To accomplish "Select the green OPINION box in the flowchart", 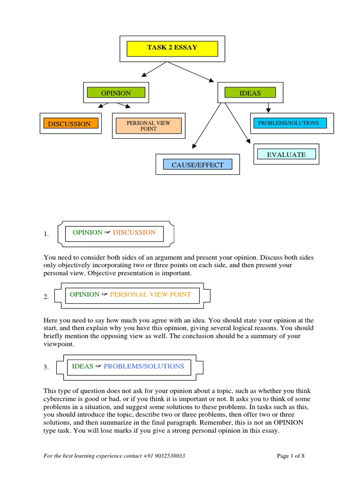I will (x=116, y=93).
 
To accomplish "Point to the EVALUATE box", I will (x=286, y=154).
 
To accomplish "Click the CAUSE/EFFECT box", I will (x=191, y=165).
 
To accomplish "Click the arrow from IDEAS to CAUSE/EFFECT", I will (x=208, y=124).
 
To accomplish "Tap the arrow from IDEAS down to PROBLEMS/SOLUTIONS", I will (x=268, y=107).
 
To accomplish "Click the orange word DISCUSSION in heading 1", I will (x=134, y=232).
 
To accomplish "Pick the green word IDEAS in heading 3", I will (x=82, y=367).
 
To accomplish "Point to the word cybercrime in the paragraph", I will (x=60, y=399).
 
